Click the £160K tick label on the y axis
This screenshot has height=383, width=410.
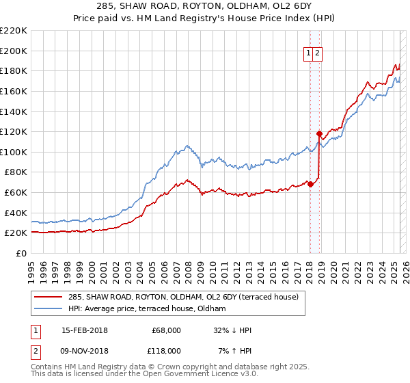click(14, 91)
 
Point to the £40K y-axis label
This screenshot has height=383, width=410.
click(16, 213)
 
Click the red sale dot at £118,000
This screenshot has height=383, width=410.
click(319, 133)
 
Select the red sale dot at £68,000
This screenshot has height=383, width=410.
click(310, 184)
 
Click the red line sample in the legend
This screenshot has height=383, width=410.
click(48, 297)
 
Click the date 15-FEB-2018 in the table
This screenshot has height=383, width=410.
click(85, 330)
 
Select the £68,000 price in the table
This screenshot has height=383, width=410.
click(166, 330)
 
